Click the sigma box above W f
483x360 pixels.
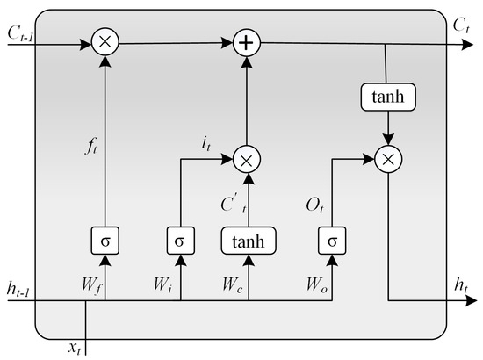105,239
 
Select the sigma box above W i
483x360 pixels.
180,239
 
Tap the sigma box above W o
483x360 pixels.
333,239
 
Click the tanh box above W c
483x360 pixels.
249,239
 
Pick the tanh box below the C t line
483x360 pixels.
386,97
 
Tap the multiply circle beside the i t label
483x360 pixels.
249,158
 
